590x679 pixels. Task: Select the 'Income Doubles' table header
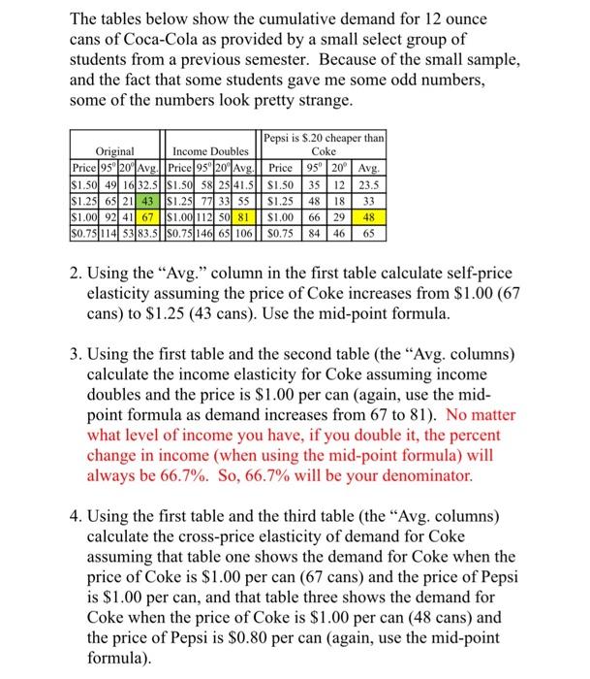(210, 150)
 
